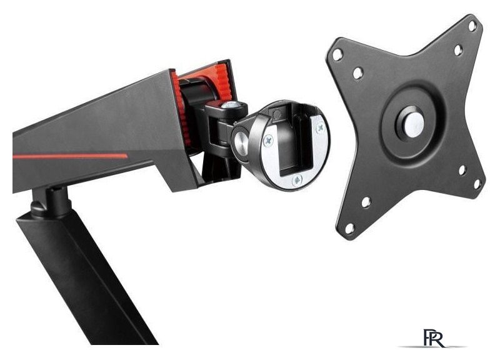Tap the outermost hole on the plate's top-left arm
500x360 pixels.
click(338, 55)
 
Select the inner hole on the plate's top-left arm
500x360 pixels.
click(357, 73)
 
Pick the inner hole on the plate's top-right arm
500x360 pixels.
click(457, 49)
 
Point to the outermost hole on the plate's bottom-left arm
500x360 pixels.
click(349, 229)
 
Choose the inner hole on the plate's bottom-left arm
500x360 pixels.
click(366, 202)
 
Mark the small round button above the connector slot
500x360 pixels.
click(276, 114)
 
